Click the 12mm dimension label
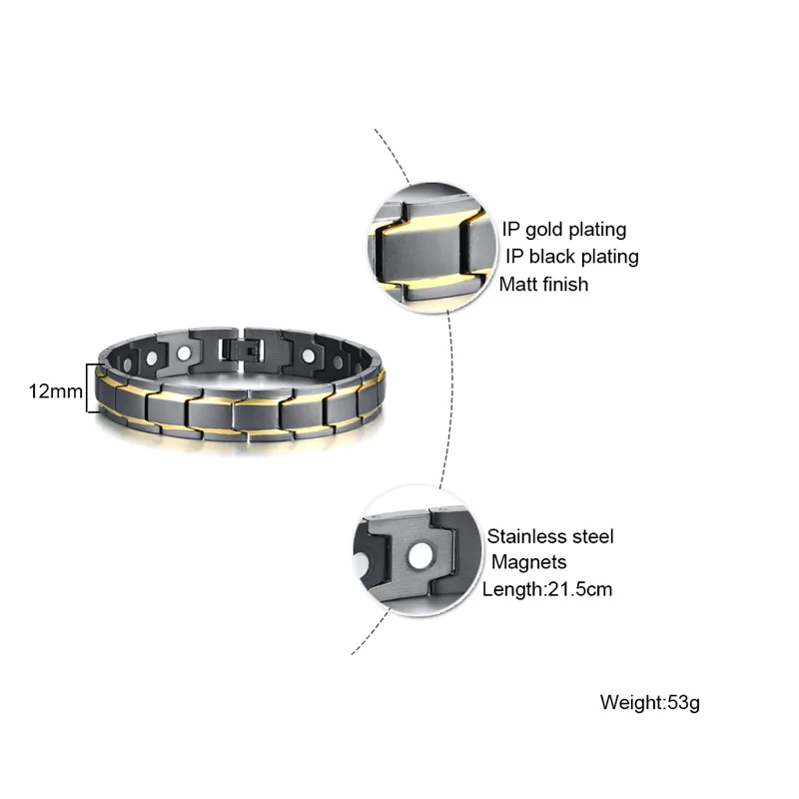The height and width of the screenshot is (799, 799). (x=55, y=391)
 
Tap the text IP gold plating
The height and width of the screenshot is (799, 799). (x=563, y=230)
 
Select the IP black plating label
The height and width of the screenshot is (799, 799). (x=571, y=257)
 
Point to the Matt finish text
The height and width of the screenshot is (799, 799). (x=543, y=284)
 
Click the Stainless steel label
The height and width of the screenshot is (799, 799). (x=550, y=537)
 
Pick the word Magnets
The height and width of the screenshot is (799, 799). (x=528, y=562)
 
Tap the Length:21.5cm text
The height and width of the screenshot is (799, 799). (x=547, y=589)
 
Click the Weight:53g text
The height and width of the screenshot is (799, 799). (x=650, y=702)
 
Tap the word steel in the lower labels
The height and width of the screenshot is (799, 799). (x=591, y=537)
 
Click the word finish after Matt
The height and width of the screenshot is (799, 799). (x=565, y=284)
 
